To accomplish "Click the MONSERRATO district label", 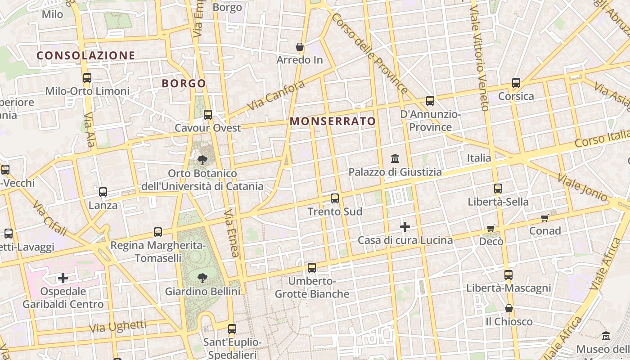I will pyautogui.click(x=333, y=121).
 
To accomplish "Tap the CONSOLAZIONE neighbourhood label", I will pyautogui.click(x=85, y=55).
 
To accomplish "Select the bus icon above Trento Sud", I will pyautogui.click(x=334, y=198).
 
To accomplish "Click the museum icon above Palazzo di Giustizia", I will pyautogui.click(x=395, y=158).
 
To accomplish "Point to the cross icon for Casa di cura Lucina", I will pyautogui.click(x=405, y=227).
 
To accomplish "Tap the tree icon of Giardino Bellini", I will pyautogui.click(x=202, y=278).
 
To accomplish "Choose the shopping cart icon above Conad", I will pyautogui.click(x=545, y=218).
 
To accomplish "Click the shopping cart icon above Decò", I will pyautogui.click(x=491, y=229).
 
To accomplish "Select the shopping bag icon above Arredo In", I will pyautogui.click(x=300, y=47).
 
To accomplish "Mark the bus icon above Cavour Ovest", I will pyautogui.click(x=207, y=114).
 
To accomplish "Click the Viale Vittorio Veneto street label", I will pyautogui.click(x=479, y=58).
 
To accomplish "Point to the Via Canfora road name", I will pyautogui.click(x=276, y=96).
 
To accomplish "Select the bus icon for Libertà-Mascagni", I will pyautogui.click(x=508, y=274).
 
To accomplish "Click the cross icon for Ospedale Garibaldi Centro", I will pyautogui.click(x=63, y=278).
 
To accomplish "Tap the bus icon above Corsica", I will pyautogui.click(x=516, y=83).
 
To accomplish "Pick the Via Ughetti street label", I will pyautogui.click(x=118, y=326).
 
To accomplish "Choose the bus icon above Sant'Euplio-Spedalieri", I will pyautogui.click(x=232, y=328).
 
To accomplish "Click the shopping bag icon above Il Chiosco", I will pyautogui.click(x=508, y=308).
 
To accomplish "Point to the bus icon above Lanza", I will pyautogui.click(x=103, y=192).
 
